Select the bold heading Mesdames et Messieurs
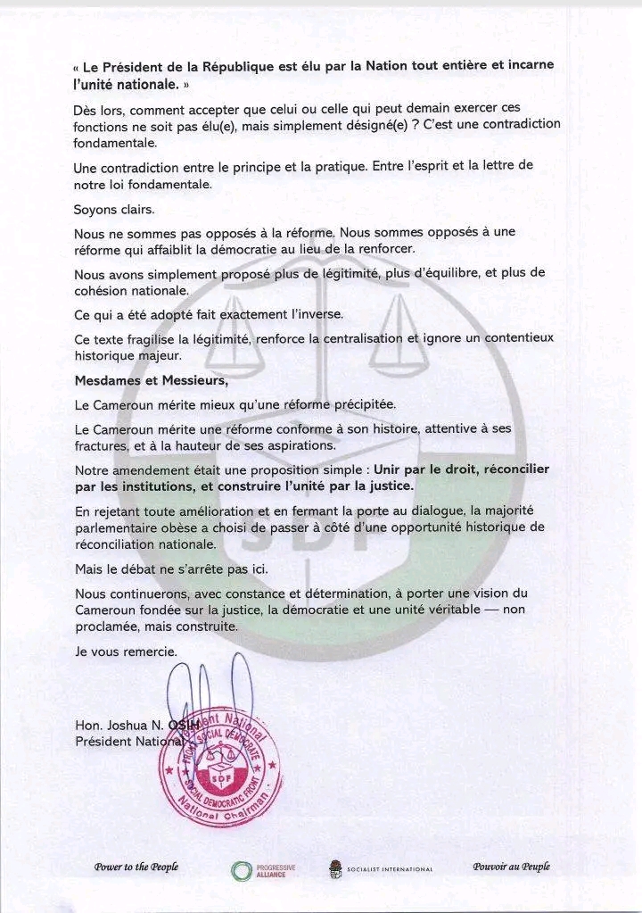coord(151,382)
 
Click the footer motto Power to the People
coord(136,867)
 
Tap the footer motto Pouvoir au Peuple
coord(511,867)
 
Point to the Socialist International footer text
coord(390,869)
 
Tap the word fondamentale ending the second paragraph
coord(115,143)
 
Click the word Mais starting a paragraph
coord(91,568)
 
